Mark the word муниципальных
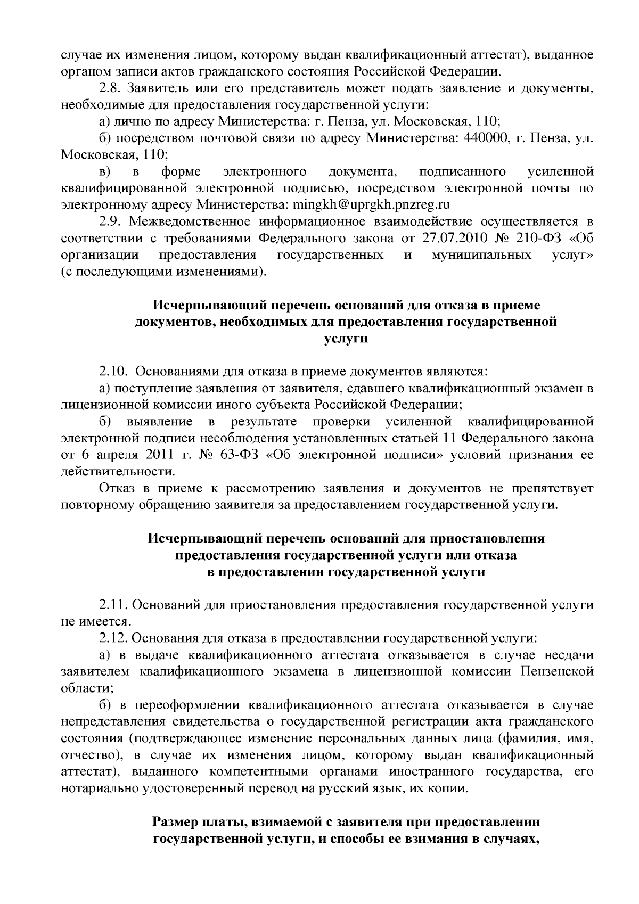[482, 255]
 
